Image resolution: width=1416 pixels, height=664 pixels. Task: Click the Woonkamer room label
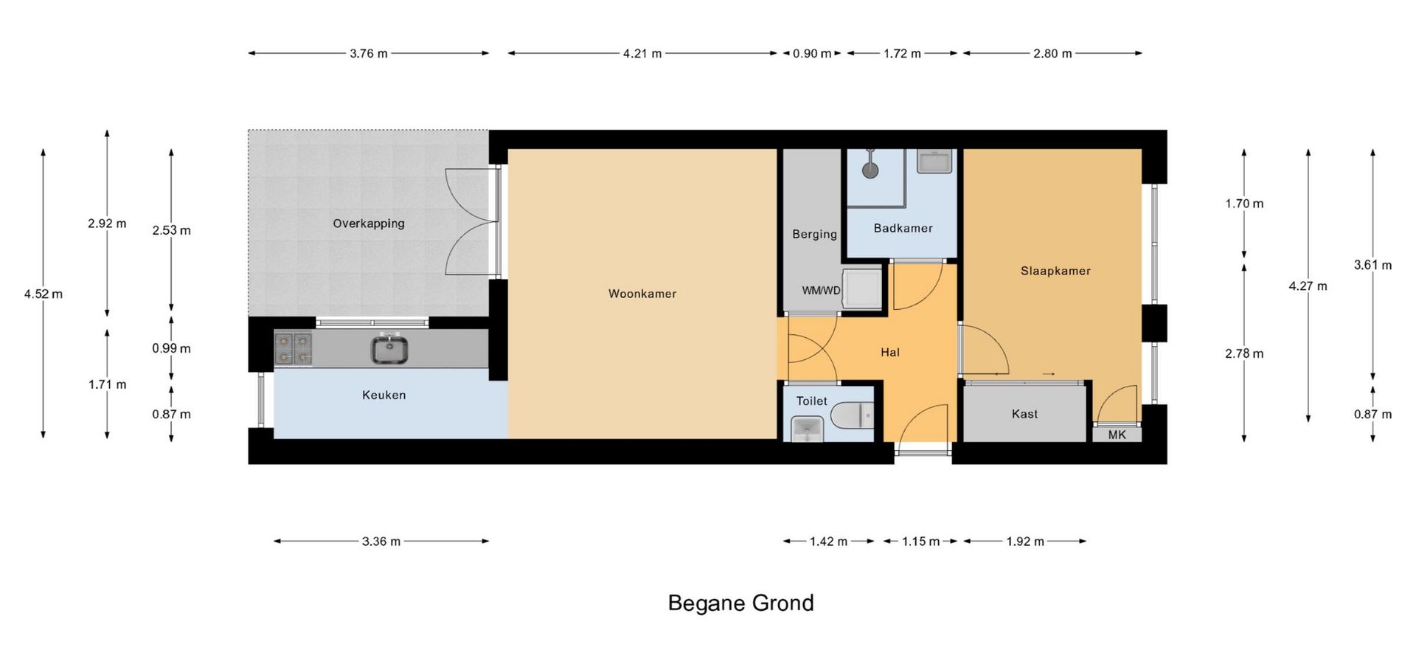point(642,294)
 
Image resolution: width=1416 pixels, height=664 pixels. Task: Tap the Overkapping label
point(368,224)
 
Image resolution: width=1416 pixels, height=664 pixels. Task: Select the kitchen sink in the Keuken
point(389,349)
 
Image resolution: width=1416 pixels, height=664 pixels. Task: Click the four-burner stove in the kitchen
point(293,349)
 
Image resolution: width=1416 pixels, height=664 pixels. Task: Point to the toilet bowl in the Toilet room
point(853,415)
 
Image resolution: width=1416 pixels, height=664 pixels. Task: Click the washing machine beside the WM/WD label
point(862,288)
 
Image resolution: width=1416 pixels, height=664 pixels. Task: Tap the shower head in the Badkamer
point(871,170)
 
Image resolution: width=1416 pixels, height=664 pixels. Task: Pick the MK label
point(1117,435)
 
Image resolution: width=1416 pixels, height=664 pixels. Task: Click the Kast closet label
point(1024,414)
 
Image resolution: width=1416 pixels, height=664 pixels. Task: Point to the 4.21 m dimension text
point(642,53)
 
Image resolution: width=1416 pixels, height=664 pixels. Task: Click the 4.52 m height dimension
point(44,294)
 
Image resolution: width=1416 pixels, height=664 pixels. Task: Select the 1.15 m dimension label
point(920,542)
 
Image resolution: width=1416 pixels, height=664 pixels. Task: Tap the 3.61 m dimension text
point(1372,265)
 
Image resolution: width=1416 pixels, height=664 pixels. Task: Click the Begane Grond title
point(740,603)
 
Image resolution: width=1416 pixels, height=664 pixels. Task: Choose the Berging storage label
point(814,234)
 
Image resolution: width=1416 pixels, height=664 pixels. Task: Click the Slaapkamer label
point(1055,271)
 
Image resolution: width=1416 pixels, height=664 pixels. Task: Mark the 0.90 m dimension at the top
point(812,53)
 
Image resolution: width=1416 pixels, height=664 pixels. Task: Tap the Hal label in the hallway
point(890,353)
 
